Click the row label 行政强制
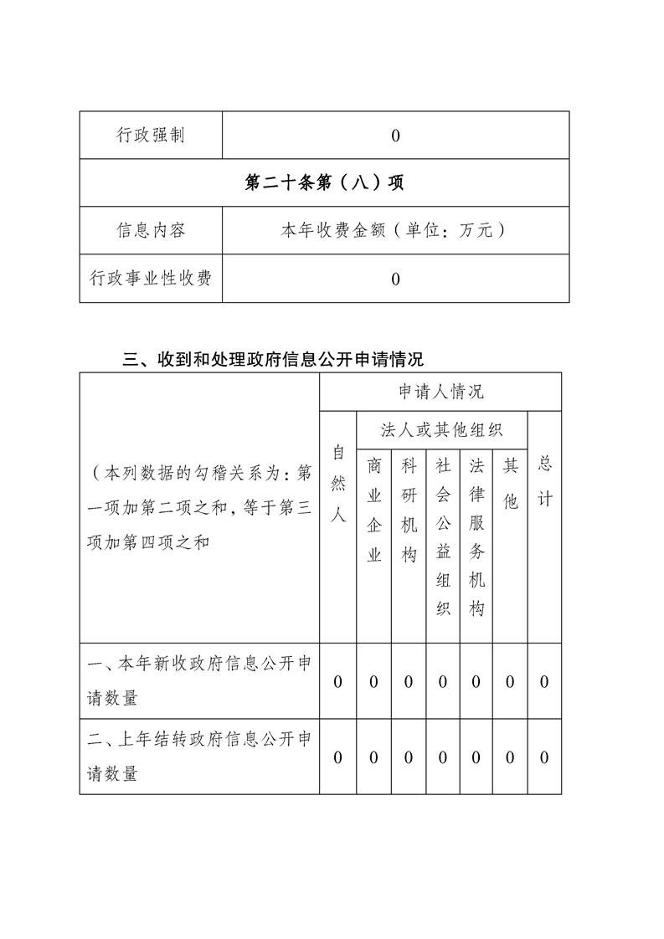point(151,136)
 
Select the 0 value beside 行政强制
point(395,136)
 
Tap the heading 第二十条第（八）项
point(324,182)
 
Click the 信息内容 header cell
point(151,231)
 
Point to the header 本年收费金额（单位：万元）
point(395,231)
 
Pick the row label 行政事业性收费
point(151,279)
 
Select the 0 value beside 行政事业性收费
point(395,279)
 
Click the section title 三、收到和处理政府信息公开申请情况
point(273,360)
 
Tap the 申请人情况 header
point(440,392)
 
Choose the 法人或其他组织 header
point(441,430)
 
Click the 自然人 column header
point(338,484)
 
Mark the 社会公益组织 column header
point(443,536)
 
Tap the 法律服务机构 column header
point(476,536)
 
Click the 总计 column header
point(544,481)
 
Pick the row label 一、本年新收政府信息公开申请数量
point(199,680)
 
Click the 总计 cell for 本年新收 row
point(544,682)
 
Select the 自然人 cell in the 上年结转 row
point(338,757)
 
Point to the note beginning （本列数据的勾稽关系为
point(199,508)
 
